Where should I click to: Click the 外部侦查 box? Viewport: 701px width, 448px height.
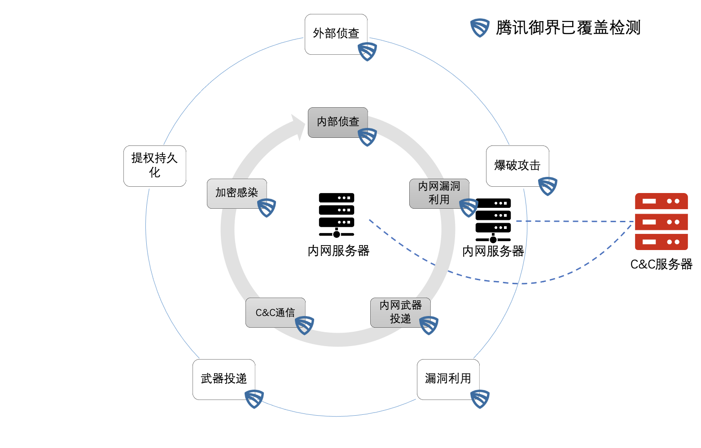pos(336,34)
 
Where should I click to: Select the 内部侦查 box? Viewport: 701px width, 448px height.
pos(337,122)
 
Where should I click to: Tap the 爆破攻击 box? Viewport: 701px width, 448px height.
pos(517,166)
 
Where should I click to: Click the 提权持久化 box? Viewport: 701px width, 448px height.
pos(154,166)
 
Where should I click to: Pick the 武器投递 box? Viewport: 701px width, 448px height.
pos(223,379)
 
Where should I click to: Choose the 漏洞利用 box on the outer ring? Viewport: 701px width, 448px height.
pos(448,379)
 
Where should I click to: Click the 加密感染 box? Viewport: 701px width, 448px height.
pos(237,193)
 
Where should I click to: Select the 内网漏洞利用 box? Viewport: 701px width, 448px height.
pos(439,193)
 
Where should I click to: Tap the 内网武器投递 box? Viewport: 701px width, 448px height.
pos(400,312)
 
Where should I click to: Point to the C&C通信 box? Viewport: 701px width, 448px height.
pos(275,312)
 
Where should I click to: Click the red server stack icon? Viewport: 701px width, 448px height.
pos(661,222)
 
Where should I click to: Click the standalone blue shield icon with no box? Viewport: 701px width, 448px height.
pos(480,28)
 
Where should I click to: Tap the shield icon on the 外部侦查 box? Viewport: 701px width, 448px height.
pos(368,52)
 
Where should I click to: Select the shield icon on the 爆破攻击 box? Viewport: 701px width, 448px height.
pos(548,186)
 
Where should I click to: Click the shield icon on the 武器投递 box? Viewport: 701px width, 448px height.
pos(254,399)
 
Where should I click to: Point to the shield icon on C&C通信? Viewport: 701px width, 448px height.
pos(305,325)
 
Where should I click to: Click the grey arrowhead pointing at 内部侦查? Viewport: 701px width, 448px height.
pos(298,127)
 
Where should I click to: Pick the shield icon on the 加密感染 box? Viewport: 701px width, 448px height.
pos(267,207)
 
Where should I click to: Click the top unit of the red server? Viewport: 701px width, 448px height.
pos(661,202)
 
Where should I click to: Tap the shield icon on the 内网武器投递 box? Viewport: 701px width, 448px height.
pos(429,325)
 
